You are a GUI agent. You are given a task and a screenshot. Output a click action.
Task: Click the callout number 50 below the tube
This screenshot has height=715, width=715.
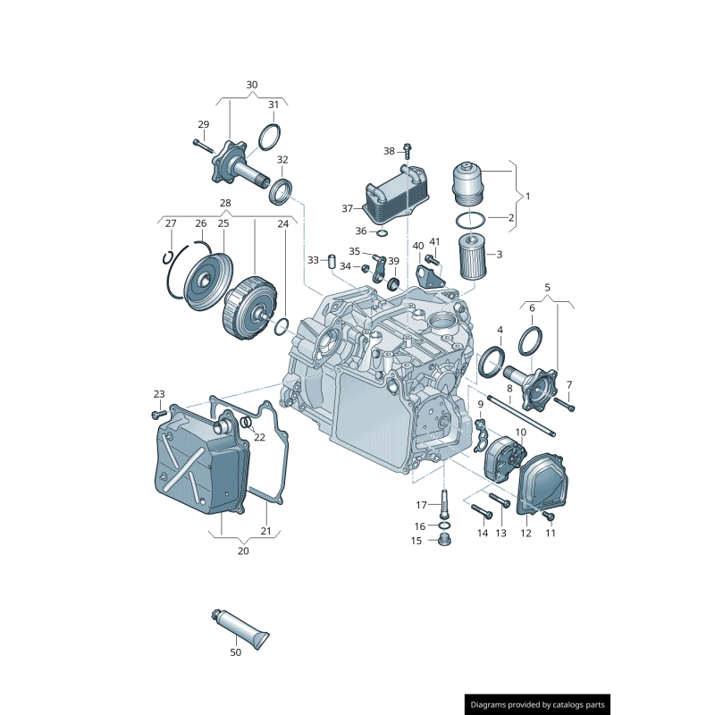(x=235, y=652)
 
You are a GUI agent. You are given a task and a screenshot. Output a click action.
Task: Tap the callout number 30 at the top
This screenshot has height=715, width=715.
(x=251, y=85)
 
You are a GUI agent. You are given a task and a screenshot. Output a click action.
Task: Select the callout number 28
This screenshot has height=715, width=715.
(x=225, y=203)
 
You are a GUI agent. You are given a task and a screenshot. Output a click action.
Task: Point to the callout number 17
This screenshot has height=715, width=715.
(x=420, y=505)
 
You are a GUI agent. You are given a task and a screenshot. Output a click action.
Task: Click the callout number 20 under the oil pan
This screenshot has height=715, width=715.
(x=243, y=551)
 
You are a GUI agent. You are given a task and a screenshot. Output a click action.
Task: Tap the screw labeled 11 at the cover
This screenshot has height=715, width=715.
(x=549, y=516)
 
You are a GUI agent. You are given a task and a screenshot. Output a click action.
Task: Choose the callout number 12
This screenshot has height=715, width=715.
(x=526, y=534)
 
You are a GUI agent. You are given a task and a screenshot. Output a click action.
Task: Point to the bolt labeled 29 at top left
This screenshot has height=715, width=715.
(x=200, y=143)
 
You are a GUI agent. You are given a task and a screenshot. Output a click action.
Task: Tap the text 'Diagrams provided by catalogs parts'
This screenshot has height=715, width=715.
(x=537, y=705)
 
